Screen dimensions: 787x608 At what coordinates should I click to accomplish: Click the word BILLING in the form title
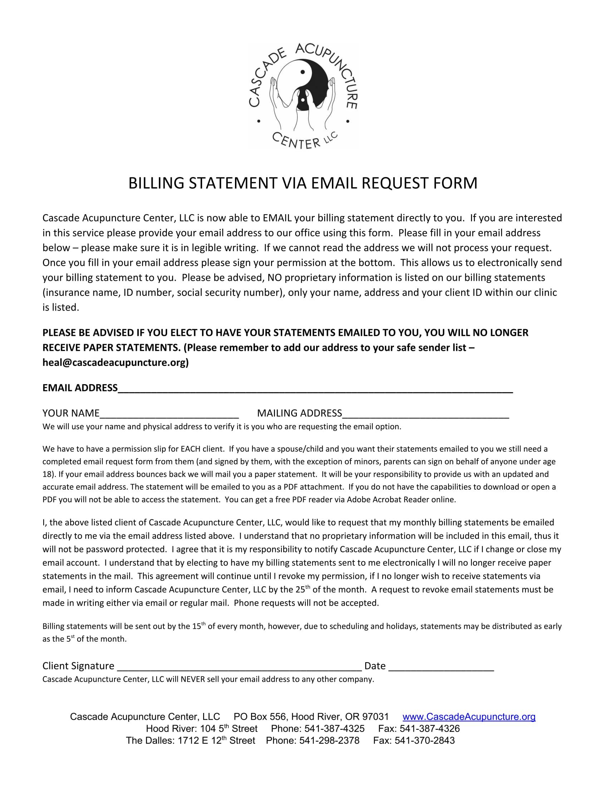point(156,184)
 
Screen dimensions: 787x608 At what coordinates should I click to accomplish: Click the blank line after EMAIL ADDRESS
point(315,389)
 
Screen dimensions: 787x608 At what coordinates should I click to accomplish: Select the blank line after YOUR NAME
point(169,414)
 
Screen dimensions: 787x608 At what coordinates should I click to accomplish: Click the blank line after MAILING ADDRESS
point(425,414)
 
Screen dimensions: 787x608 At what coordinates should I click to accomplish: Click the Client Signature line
point(239,668)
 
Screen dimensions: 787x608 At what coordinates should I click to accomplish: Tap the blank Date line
point(441,668)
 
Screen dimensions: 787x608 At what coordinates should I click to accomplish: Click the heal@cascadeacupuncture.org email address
point(115,362)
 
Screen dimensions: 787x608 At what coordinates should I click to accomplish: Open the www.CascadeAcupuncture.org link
point(469,717)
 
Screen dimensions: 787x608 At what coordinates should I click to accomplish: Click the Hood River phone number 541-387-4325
point(334,729)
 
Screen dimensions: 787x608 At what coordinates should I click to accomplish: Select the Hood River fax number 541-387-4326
point(429,729)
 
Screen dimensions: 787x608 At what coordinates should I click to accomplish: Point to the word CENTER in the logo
point(296,141)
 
